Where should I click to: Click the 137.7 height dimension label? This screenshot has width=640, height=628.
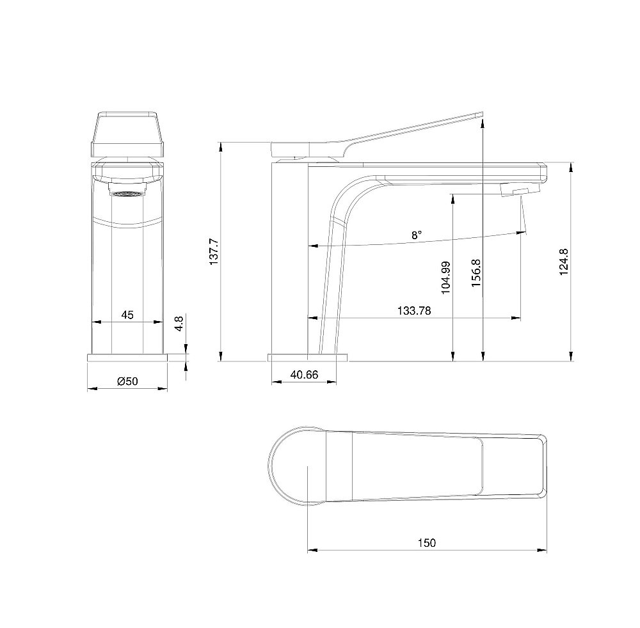pos(214,252)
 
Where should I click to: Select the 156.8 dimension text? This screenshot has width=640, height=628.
pos(476,272)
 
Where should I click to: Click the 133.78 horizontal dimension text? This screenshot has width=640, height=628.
pos(414,311)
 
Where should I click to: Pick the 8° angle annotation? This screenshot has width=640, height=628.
pos(417,235)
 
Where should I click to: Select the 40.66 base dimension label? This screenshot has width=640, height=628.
pos(304,375)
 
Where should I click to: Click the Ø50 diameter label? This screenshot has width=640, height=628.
pos(127,382)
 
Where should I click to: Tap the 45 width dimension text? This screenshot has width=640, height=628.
pos(127,315)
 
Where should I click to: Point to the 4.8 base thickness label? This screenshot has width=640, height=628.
pos(180,323)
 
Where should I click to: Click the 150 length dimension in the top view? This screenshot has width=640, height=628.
pos(427,543)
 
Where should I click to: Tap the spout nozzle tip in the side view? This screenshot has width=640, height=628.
pos(520,191)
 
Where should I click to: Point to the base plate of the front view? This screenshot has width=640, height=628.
pos(127,356)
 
